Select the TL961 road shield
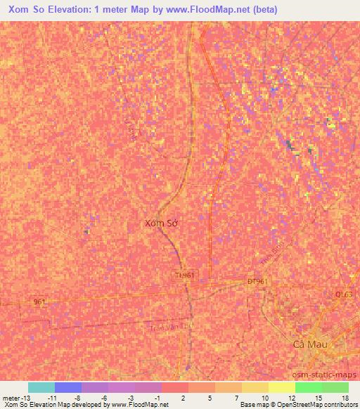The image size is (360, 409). coord(186,275)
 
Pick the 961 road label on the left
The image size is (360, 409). coord(40,301)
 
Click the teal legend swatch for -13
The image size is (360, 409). coord(41,387)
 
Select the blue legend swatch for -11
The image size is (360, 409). coord(68,387)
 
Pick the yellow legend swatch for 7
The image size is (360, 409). coord(255,387)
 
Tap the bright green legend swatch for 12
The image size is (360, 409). coord(309,387)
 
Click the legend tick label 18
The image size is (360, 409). coord(345,397)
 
